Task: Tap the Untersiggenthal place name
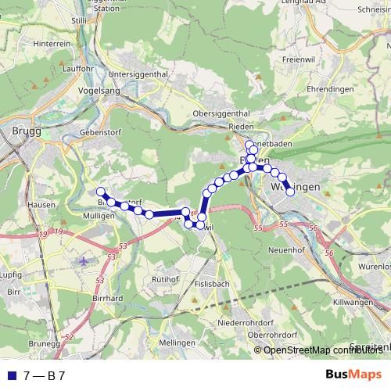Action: point(138,74)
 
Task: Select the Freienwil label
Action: point(298,59)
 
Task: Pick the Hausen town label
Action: point(18,205)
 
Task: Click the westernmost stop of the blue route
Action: point(100,192)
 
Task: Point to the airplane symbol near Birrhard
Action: point(84,260)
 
